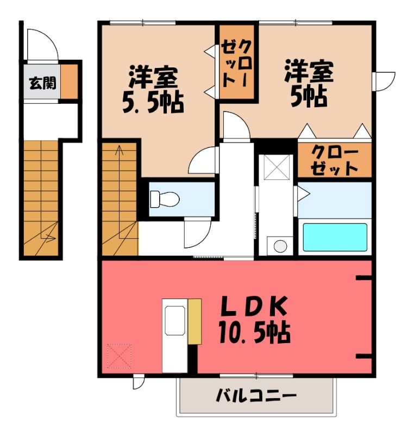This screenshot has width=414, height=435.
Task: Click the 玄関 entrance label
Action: click(x=43, y=83)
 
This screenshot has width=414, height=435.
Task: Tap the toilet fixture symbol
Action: click(x=165, y=199)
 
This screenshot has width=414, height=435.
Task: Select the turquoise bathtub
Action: click(x=335, y=237)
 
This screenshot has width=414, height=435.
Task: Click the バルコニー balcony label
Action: click(x=256, y=395)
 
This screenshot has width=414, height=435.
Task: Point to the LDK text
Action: click(x=253, y=306)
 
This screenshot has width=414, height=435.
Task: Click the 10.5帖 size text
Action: click(x=254, y=332)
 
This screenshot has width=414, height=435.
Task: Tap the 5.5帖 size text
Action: click(x=153, y=102)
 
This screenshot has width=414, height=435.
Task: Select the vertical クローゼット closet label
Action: click(x=237, y=63)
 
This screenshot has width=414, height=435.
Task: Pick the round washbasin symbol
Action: click(x=280, y=246)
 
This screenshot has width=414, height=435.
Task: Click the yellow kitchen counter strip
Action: click(x=195, y=321)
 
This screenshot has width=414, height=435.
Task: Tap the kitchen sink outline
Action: click(x=175, y=320)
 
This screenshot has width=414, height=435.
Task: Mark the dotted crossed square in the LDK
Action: click(x=120, y=356)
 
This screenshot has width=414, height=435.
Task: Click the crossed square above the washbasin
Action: click(x=277, y=167)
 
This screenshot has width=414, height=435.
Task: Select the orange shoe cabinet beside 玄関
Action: click(x=70, y=81)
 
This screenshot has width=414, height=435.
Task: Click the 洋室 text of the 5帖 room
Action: click(x=309, y=71)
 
